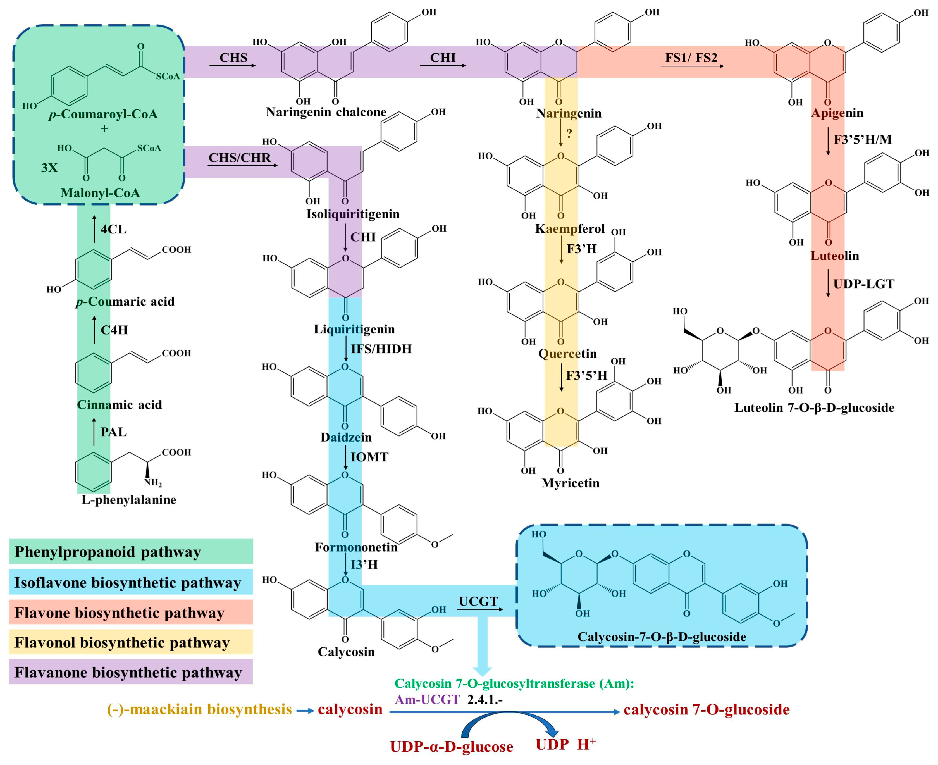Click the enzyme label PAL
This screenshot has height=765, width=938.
coord(113,432)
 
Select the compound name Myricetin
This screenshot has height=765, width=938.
coord(570,483)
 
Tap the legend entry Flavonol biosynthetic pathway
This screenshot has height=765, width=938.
coord(122,642)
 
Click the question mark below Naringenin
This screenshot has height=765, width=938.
coord(569,133)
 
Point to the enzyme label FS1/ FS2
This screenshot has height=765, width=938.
coord(691,58)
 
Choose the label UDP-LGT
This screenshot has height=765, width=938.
coord(863,284)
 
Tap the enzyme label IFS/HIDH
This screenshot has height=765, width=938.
coord(381,349)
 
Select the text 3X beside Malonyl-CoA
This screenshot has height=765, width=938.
coord(49,168)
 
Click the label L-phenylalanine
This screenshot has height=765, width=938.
coord(129,500)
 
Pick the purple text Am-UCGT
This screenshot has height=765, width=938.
coord(427,699)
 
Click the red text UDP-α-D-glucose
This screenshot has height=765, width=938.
coord(451,747)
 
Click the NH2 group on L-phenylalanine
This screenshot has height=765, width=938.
coord(153,483)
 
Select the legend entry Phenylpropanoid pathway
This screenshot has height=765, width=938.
coord(108,552)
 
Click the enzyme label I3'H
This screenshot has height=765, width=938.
coord(364,564)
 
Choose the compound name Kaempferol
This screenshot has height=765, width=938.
coord(570,229)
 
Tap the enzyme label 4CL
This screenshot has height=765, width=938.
coord(113,229)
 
